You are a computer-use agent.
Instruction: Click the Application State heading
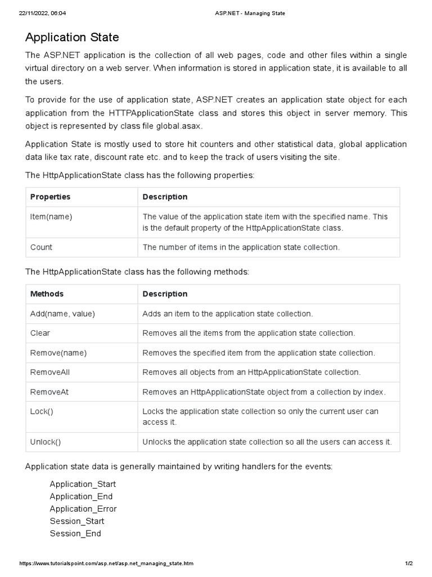pos(72,38)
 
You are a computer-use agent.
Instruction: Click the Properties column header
pos(50,197)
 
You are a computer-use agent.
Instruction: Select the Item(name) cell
pos(51,216)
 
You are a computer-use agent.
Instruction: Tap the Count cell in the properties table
pos(41,247)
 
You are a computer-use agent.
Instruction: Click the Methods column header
pos(47,294)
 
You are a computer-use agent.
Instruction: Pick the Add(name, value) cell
pos(62,313)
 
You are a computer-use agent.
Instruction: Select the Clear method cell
pos(40,333)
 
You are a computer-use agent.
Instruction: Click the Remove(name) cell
pos(58,353)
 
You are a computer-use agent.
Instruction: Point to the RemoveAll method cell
pos(50,372)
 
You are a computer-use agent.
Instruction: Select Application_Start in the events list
pos(83,484)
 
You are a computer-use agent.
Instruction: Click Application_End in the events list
pos(81,496)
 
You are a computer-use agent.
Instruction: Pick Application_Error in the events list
pos(83,509)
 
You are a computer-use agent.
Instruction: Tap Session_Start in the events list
pos(77,521)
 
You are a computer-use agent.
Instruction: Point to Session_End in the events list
pos(75,533)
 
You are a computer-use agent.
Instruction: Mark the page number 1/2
pos(409,563)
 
